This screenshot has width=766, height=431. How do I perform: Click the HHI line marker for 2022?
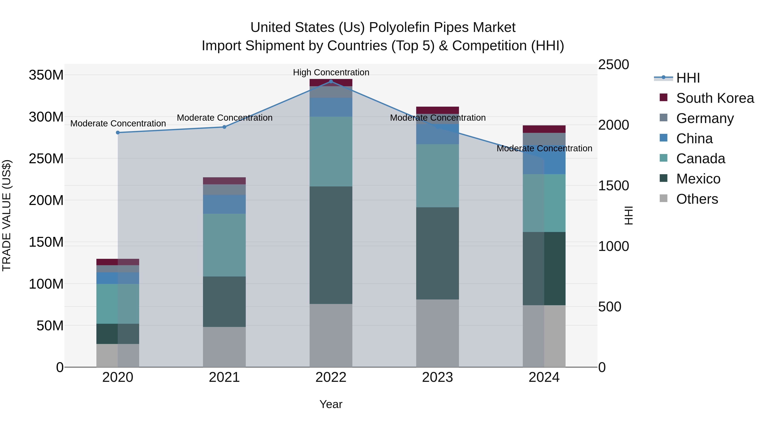pyautogui.click(x=331, y=82)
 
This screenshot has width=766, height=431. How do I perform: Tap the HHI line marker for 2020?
pyautogui.click(x=118, y=133)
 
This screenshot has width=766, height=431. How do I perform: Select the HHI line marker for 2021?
pyautogui.click(x=224, y=127)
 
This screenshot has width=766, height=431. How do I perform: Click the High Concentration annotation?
pyautogui.click(x=331, y=72)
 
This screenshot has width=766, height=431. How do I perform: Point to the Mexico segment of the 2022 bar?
pyautogui.click(x=331, y=245)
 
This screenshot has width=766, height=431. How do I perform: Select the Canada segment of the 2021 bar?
pyautogui.click(x=224, y=245)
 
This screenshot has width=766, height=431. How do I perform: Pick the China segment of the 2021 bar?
pyautogui.click(x=224, y=204)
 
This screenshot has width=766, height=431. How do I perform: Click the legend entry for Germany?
pyautogui.click(x=705, y=118)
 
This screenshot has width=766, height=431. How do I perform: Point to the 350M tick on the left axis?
pyautogui.click(x=46, y=75)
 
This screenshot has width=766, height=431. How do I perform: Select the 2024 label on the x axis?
pyautogui.click(x=544, y=377)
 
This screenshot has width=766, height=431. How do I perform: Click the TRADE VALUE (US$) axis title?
pyautogui.click(x=7, y=215)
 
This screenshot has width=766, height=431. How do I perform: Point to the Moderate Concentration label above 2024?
pyautogui.click(x=544, y=148)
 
